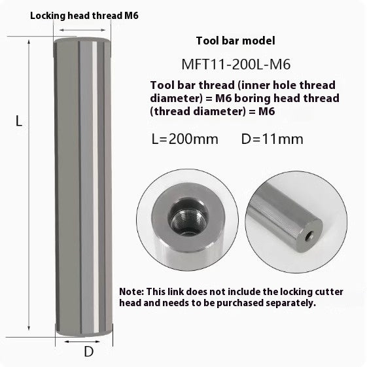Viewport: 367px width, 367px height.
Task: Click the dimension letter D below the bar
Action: (89, 351)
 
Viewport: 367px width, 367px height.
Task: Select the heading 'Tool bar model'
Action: (232, 41)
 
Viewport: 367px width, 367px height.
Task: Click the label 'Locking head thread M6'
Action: (84, 14)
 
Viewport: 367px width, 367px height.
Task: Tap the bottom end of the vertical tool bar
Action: (84, 327)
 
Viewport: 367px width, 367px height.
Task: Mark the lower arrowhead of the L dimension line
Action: (28, 331)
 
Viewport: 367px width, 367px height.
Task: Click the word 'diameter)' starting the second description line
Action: (172, 98)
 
